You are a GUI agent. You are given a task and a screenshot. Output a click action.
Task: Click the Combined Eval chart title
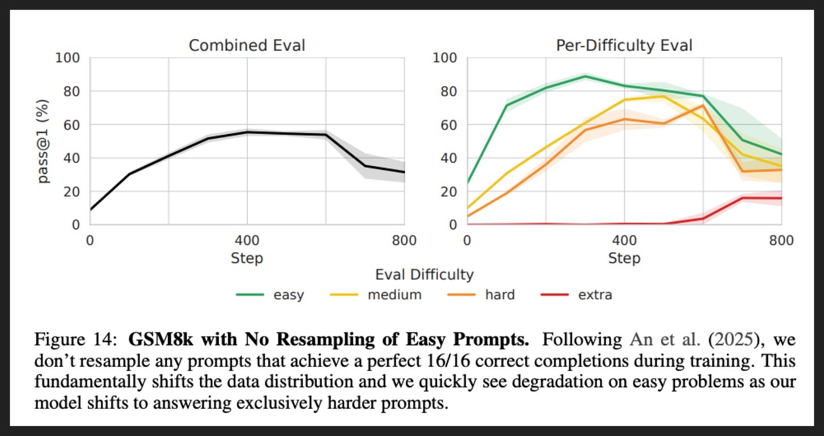point(247,46)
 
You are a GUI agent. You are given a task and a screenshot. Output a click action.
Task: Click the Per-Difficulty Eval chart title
point(624,46)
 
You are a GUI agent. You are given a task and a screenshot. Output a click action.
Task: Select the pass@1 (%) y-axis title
point(43,141)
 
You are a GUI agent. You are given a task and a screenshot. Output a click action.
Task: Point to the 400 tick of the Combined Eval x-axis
point(247,241)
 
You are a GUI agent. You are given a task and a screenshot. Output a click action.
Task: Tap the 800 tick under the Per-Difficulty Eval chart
point(781,241)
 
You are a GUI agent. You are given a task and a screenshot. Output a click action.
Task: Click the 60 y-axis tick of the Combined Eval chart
point(71,125)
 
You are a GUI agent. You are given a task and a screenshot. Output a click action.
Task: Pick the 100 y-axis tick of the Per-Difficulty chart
point(444,58)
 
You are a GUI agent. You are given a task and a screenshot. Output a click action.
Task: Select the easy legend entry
point(270,295)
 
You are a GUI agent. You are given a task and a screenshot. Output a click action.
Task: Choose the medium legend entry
point(376,295)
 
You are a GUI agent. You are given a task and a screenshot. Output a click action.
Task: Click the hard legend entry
point(481,295)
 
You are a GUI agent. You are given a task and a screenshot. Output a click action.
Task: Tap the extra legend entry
point(577,295)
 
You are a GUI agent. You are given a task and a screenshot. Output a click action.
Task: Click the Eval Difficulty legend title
point(424,275)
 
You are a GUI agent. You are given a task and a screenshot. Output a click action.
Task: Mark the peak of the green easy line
point(585,76)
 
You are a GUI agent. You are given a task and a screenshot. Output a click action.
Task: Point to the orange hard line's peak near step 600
point(703,106)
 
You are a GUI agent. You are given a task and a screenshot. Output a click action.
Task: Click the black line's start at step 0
point(91,210)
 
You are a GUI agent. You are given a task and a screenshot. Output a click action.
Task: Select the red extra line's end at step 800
point(782,198)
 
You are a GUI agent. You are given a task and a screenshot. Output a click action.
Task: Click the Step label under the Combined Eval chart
point(247,258)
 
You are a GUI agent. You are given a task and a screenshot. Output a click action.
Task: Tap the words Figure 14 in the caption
point(76,339)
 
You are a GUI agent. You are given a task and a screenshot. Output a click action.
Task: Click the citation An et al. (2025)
point(694,339)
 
